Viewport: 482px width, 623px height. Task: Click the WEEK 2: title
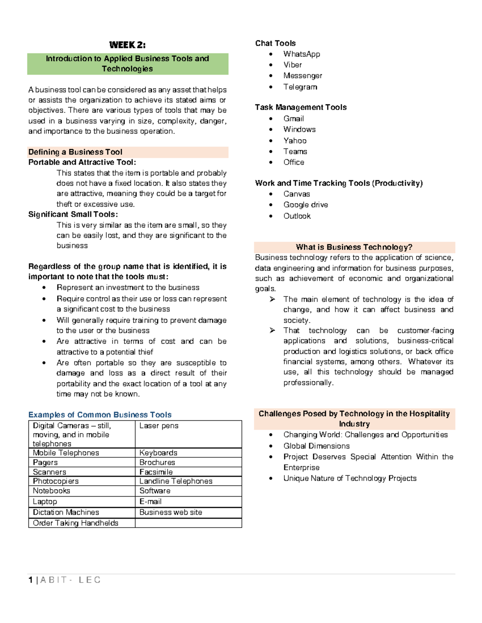coord(127,45)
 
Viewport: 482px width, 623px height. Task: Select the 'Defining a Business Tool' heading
coord(75,152)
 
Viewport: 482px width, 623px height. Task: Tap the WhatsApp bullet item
coord(302,54)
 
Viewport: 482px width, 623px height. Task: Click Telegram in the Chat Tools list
coord(300,87)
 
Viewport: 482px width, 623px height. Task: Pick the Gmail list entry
coord(294,119)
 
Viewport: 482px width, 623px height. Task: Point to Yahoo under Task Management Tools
coord(295,141)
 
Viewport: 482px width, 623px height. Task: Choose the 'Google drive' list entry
coord(306,205)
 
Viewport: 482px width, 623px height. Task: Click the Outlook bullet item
coord(297,216)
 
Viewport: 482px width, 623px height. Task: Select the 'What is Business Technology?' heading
coord(354,247)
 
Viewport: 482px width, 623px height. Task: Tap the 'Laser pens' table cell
coord(159,426)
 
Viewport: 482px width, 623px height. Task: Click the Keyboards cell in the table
coord(158,453)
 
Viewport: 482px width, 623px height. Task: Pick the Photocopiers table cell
coord(56,481)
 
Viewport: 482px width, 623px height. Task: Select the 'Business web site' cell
coord(171,513)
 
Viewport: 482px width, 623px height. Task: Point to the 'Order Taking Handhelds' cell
coord(76,523)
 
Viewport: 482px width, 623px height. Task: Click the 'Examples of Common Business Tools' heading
coord(100,415)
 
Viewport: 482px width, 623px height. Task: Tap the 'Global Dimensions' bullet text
coord(316,446)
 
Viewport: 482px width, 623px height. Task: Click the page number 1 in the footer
coord(31,580)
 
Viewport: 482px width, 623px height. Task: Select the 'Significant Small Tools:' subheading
coord(73,215)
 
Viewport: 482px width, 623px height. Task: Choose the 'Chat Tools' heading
coord(275,43)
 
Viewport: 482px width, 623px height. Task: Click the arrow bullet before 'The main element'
coord(272,299)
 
